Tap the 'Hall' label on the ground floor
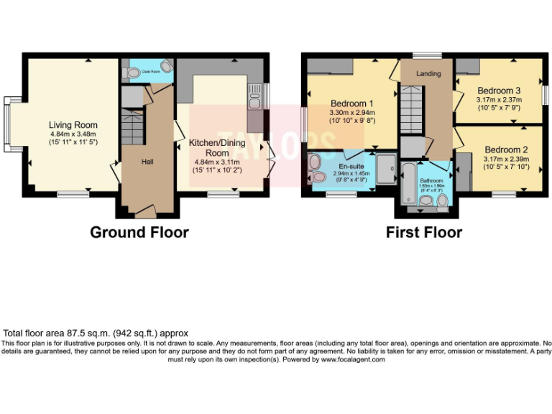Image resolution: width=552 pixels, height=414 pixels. (x=147, y=161)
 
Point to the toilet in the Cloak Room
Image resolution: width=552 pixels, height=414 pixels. (x=130, y=72)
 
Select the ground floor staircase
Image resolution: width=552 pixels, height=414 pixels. (x=132, y=126)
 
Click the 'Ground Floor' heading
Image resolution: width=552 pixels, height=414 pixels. (x=139, y=232)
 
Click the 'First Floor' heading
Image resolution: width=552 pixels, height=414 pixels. (x=424, y=232)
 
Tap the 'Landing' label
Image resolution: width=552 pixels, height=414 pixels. (x=429, y=74)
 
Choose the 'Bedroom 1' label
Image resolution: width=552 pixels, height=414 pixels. (x=352, y=103)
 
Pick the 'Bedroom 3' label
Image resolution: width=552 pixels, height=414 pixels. (x=499, y=90)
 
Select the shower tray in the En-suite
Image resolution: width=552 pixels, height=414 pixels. (x=386, y=170)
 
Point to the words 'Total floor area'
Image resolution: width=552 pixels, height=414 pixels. (x=33, y=333)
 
